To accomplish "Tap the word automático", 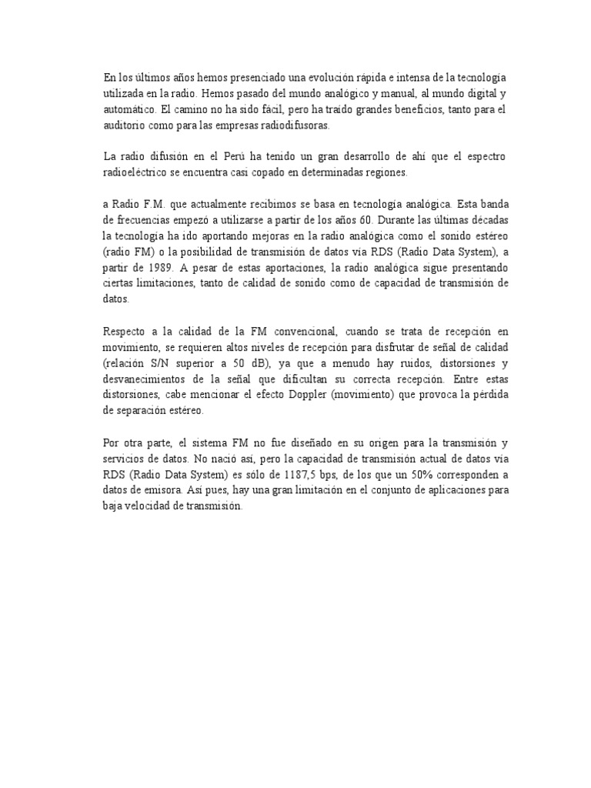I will coord(127,111).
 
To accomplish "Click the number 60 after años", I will coord(365,221).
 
